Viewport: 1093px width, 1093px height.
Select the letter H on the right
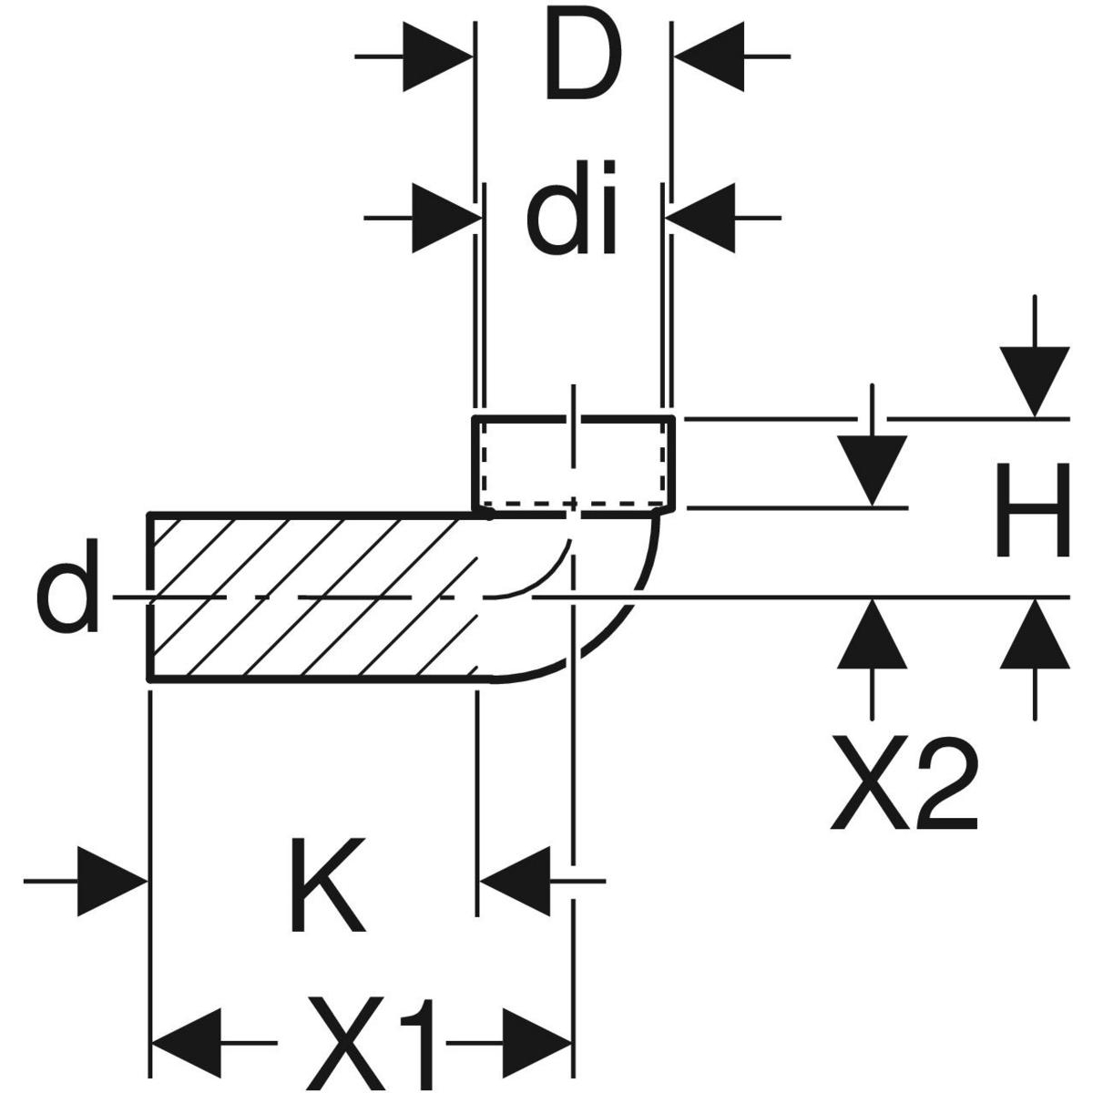(x=1031, y=510)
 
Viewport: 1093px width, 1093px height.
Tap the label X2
(x=904, y=785)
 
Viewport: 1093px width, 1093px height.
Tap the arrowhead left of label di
(x=446, y=219)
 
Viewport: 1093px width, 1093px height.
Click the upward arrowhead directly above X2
(x=873, y=634)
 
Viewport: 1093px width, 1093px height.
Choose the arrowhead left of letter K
(x=111, y=881)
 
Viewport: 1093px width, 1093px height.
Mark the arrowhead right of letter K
(x=516, y=881)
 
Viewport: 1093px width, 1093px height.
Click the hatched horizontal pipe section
(x=310, y=597)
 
